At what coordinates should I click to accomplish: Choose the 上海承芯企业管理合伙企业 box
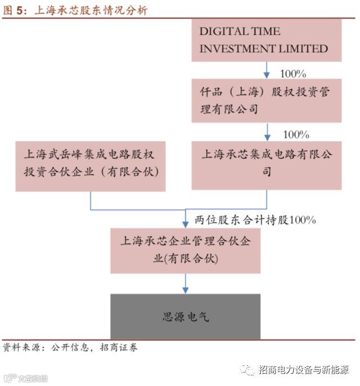coord(186,250)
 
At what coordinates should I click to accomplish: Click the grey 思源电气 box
coord(186,317)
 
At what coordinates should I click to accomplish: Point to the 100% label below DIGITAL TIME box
coord(292,74)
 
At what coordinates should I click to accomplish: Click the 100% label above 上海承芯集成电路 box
coord(296,135)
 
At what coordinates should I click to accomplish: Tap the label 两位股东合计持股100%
coord(255,220)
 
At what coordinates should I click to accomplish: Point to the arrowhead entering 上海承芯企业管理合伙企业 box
coord(186,223)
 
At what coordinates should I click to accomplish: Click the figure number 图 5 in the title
coord(15,10)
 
